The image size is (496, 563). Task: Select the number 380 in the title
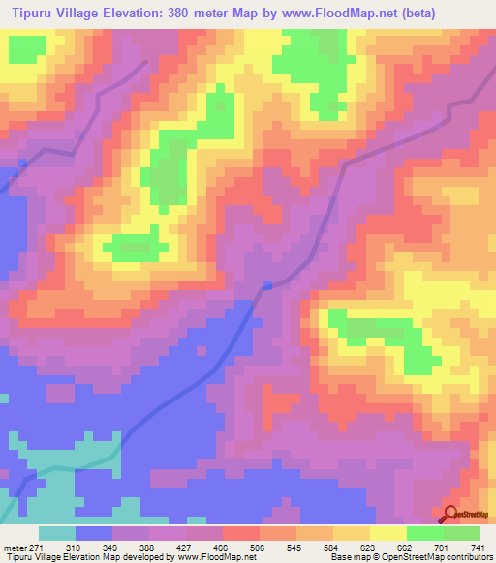click(x=177, y=13)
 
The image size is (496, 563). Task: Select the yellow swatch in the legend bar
click(x=388, y=534)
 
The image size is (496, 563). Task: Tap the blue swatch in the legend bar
click(x=94, y=534)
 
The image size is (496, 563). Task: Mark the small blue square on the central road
click(x=267, y=284)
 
